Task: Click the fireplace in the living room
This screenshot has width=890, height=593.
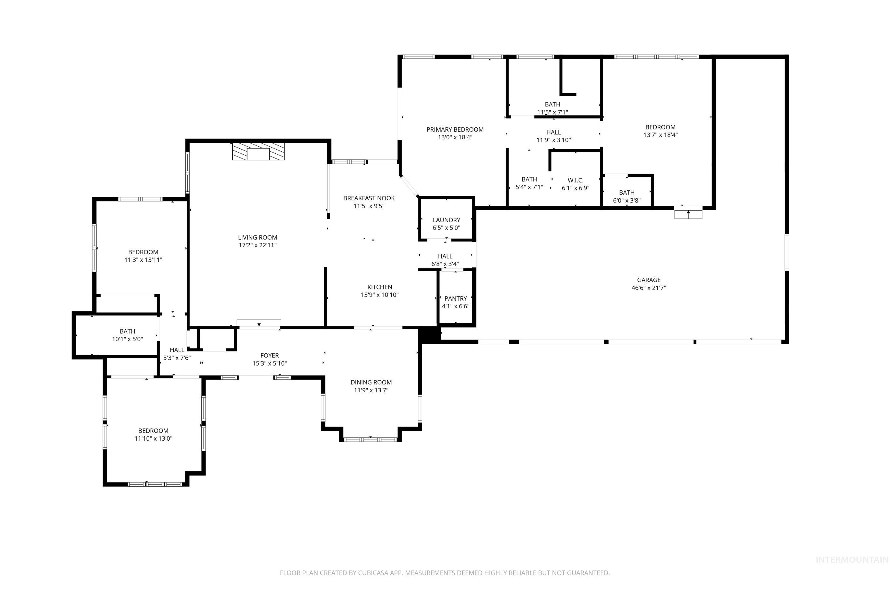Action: click(x=258, y=152)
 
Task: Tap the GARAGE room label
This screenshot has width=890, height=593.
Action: click(x=649, y=280)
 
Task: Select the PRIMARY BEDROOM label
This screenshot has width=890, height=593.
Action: click(x=455, y=129)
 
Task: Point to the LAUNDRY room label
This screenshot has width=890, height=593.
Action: click(x=447, y=220)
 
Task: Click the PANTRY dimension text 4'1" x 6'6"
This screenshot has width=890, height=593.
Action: click(x=456, y=306)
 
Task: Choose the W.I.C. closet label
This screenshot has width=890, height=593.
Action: click(x=575, y=181)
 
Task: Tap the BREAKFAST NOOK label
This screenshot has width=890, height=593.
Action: click(x=369, y=198)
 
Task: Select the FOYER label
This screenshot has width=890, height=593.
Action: click(x=269, y=356)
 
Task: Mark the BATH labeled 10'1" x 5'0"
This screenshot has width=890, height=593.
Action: click(x=127, y=335)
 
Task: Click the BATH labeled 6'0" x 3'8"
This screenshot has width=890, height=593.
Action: click(x=627, y=196)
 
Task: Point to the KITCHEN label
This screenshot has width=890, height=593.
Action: click(x=379, y=287)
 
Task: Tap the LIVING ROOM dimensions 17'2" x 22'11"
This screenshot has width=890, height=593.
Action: click(x=257, y=245)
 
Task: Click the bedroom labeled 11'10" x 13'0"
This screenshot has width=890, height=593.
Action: click(x=153, y=435)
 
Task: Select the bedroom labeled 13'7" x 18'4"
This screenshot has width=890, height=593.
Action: click(x=660, y=131)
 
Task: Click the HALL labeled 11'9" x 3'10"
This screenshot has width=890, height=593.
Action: click(x=553, y=136)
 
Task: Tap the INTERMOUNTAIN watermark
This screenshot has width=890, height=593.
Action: click(x=851, y=570)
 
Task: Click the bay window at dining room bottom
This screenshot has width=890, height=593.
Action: click(x=370, y=439)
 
